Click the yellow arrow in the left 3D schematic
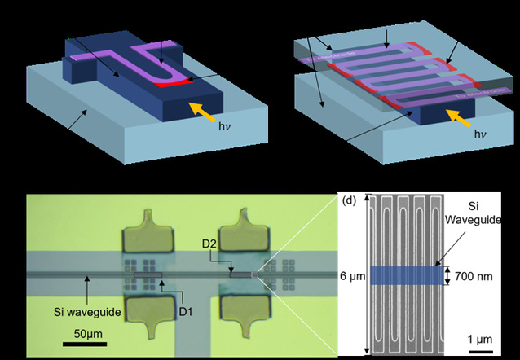pos(200,109)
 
